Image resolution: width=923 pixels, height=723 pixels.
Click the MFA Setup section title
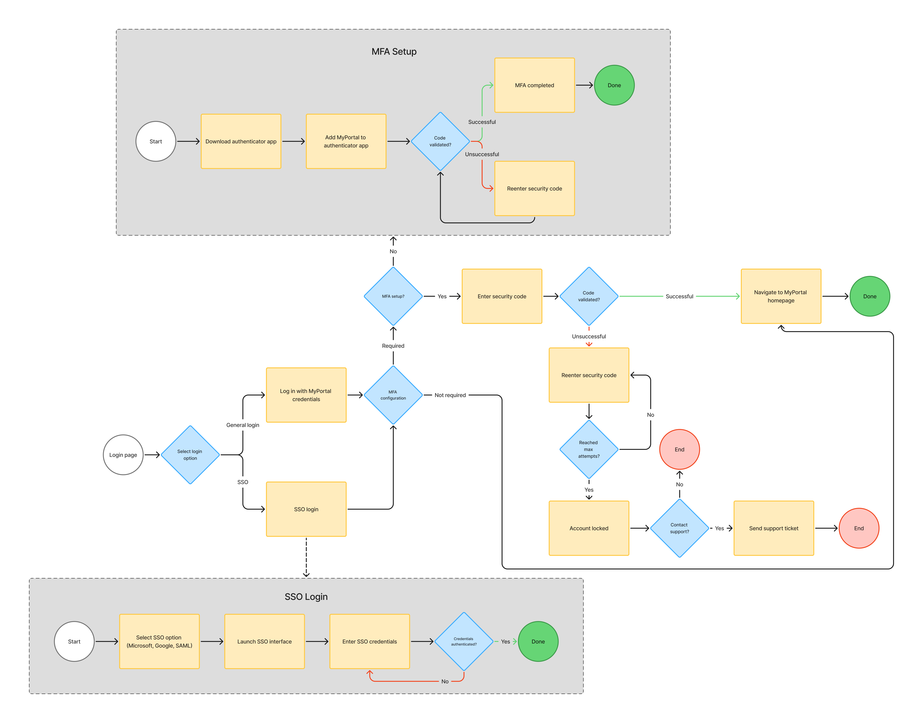394,52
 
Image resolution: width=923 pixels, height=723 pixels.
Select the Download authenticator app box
241,141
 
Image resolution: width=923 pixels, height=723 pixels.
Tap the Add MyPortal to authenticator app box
346,141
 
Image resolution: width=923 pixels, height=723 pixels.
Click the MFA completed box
534,85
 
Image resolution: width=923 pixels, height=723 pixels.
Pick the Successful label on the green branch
482,122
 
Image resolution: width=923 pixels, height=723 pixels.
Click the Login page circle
123,455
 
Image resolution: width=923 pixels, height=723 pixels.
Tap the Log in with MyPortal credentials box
306,395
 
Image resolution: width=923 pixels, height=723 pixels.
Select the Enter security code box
502,296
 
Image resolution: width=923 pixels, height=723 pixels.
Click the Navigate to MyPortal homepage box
781,296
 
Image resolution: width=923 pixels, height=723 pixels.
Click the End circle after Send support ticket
859,528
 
